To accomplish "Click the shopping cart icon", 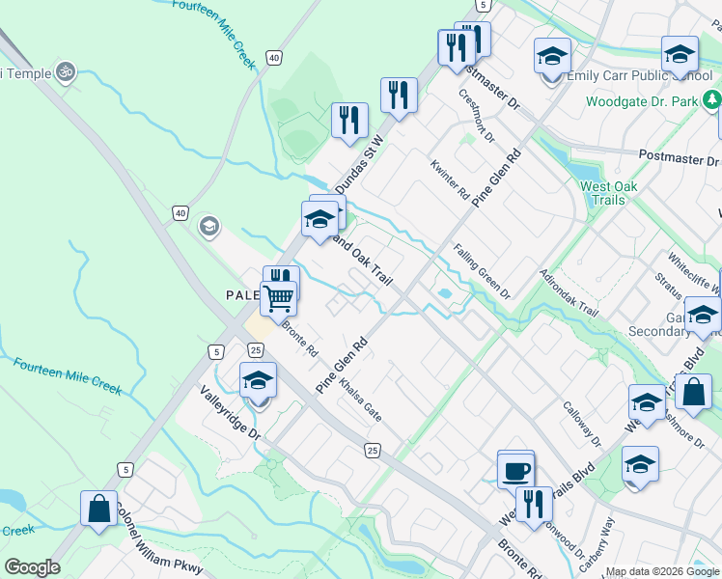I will (x=278, y=299).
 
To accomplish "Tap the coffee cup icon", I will (x=515, y=470).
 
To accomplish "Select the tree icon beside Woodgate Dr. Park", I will (x=712, y=99).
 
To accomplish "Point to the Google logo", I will (x=31, y=567).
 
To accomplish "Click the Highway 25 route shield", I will (x=373, y=450).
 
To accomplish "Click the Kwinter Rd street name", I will (x=450, y=179).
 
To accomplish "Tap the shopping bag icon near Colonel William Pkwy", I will (x=99, y=509).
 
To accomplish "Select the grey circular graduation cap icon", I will (x=208, y=227).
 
